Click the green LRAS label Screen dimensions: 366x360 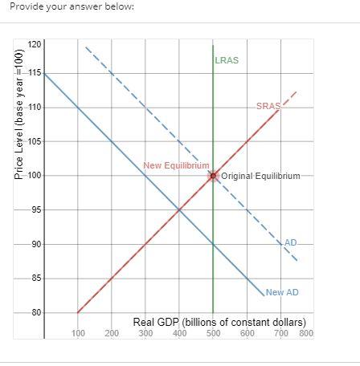click(227, 60)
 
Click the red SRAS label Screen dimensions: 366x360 click(268, 106)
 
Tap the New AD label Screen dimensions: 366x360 click(281, 292)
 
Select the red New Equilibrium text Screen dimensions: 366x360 click(176, 165)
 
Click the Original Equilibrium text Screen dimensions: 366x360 click(260, 176)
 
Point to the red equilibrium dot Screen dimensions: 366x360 click(213, 176)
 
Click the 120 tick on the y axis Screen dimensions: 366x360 click(33, 44)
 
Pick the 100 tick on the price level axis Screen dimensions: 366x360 click(33, 176)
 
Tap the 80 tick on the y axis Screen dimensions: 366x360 click(35, 313)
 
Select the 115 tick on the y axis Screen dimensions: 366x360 click(33, 73)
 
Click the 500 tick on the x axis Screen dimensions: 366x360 click(213, 332)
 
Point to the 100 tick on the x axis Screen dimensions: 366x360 click(78, 332)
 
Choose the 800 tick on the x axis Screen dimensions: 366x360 click(305, 332)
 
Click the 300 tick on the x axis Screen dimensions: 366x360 click(145, 332)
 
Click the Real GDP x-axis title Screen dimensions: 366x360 click(219, 322)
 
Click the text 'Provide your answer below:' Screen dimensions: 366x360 click(72, 7)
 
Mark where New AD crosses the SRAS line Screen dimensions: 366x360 click(179, 210)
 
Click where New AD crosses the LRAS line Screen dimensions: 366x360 click(213, 244)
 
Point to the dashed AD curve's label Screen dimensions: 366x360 click(290, 242)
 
